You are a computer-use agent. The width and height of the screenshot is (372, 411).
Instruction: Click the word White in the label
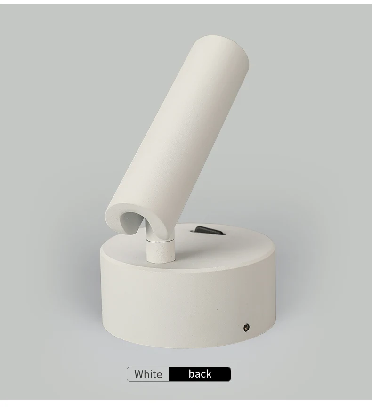tap(148, 374)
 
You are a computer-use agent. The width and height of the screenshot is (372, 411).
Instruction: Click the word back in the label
tap(200, 374)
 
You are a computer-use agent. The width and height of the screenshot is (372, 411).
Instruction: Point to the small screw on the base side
tap(246, 327)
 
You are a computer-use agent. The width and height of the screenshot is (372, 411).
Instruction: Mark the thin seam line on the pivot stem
tap(160, 240)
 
